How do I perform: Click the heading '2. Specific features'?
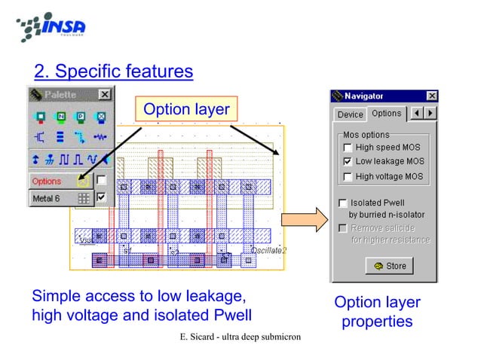click(x=114, y=72)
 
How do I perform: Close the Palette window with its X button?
click(x=105, y=95)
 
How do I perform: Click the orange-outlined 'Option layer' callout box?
click(x=186, y=110)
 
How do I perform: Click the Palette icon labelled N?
click(x=61, y=117)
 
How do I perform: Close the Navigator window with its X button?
click(x=432, y=96)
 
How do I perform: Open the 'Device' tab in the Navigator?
click(x=350, y=114)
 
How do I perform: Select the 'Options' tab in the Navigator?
click(x=386, y=114)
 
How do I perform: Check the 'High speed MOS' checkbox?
click(x=347, y=147)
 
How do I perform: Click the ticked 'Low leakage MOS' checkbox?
click(x=347, y=161)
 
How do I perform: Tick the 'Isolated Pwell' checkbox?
click(x=343, y=203)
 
